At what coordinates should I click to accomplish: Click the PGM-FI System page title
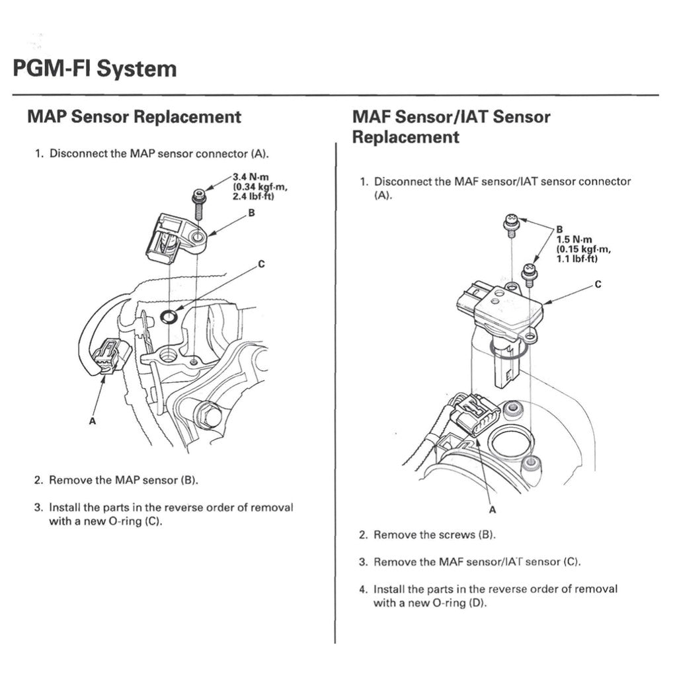coord(95,69)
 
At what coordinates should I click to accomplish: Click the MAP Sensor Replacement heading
coord(134,117)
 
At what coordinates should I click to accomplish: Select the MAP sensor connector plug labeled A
coord(106,358)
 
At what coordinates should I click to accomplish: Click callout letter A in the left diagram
coord(91,420)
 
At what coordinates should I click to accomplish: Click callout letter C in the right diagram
coord(598,285)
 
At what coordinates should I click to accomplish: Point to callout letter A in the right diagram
coord(492,509)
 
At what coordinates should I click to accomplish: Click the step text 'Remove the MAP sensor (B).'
coord(124,480)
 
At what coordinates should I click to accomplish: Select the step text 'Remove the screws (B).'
coord(434,535)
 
